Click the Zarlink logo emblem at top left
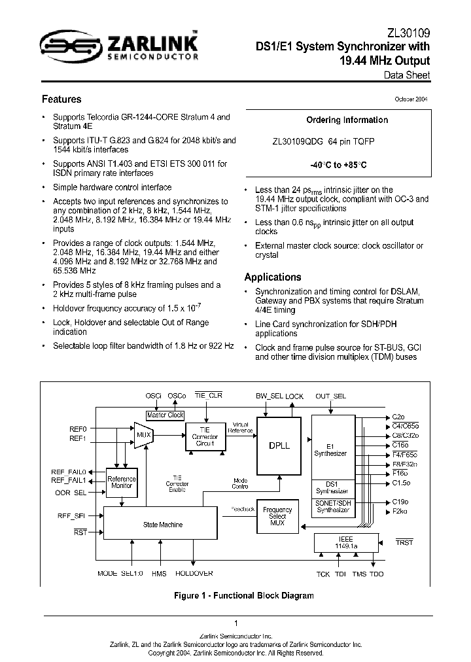(x=61, y=46)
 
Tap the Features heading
(x=61, y=99)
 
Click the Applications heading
(x=273, y=277)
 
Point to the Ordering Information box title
(x=347, y=120)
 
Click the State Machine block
(x=162, y=524)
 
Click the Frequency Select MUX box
(x=277, y=517)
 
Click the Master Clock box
(x=165, y=415)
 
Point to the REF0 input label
(x=78, y=428)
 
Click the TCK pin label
(x=323, y=574)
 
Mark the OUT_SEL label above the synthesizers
(x=331, y=396)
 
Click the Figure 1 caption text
(x=243, y=595)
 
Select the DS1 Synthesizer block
(x=331, y=488)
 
